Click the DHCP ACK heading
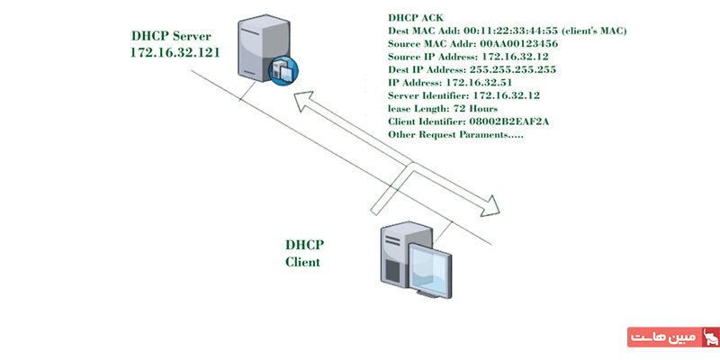(x=416, y=18)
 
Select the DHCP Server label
(x=172, y=36)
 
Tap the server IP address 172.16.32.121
(x=175, y=52)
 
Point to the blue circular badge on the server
(x=283, y=70)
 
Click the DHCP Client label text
(x=304, y=253)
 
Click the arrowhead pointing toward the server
(x=305, y=101)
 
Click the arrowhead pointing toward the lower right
(x=490, y=206)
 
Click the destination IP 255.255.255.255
(x=512, y=70)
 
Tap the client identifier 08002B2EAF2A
(x=509, y=121)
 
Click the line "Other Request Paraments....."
(x=456, y=135)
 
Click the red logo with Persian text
(x=673, y=337)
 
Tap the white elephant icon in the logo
(x=709, y=337)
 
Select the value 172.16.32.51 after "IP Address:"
(x=479, y=83)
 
